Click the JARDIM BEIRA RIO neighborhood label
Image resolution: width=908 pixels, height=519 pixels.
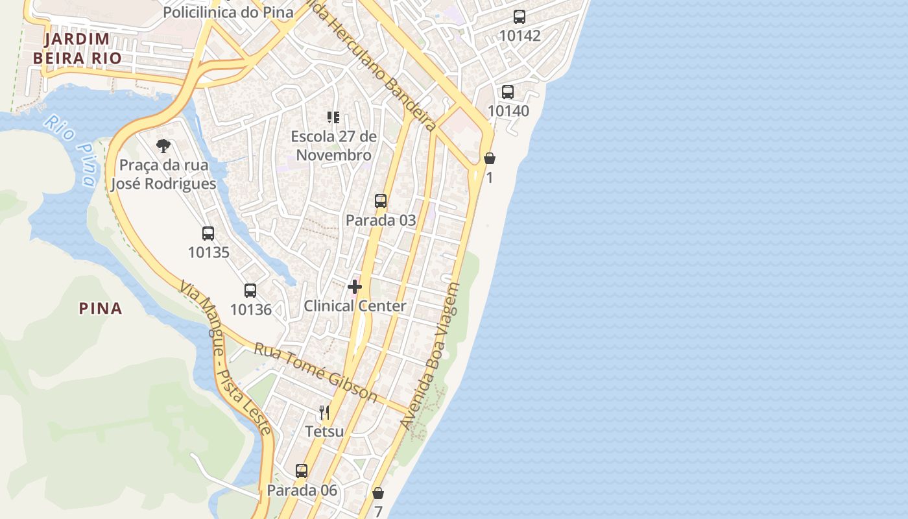[x=77, y=49]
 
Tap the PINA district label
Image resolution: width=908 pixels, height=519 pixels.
[x=101, y=308]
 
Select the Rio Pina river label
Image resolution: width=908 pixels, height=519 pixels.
[x=72, y=151]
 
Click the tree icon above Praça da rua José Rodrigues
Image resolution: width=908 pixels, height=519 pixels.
[x=163, y=146]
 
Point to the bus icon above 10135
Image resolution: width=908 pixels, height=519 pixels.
[x=208, y=234]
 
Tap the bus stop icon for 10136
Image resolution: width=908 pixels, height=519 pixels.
[x=250, y=291]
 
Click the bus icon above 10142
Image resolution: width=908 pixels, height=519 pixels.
[x=520, y=17]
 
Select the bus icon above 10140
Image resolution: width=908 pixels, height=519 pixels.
[x=508, y=92]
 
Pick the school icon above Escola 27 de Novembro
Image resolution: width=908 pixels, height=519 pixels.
[x=333, y=117]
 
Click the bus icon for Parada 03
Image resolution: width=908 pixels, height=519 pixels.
[x=381, y=201]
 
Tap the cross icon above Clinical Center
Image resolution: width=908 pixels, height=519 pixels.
[x=355, y=286]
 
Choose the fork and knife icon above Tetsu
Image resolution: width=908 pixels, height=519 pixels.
[x=324, y=412]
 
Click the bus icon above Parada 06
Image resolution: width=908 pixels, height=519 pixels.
[x=302, y=471]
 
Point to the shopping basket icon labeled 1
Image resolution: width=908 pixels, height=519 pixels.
[x=490, y=158]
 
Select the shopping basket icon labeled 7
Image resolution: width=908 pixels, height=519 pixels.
[x=378, y=493]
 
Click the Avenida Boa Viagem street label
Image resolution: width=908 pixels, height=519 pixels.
[x=430, y=356]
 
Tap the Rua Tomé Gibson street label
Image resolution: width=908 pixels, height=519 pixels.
[x=315, y=372]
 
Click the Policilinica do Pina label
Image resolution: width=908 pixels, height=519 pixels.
[x=228, y=12]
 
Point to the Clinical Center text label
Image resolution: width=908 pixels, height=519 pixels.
[x=355, y=306]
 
